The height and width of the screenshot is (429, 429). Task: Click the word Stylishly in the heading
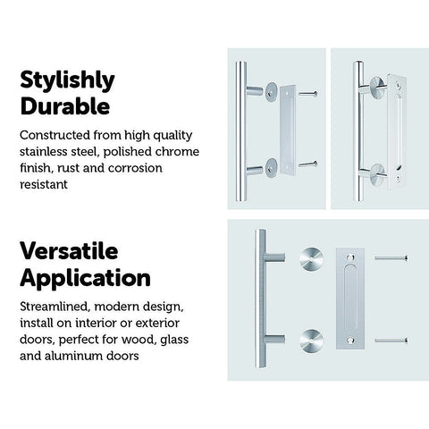pyautogui.click(x=67, y=80)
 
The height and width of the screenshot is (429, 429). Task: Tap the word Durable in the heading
pyautogui.click(x=65, y=106)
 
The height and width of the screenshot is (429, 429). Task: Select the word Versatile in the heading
pyautogui.click(x=69, y=251)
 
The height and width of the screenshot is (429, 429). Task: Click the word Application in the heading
pyautogui.click(x=85, y=278)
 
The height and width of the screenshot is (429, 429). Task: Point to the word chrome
pyautogui.click(x=177, y=151)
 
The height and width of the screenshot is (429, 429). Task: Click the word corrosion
pyautogui.click(x=135, y=168)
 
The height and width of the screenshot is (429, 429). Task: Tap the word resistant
pyautogui.click(x=44, y=184)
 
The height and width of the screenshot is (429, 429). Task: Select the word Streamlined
pyautogui.click(x=55, y=307)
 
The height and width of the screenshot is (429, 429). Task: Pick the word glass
pyautogui.click(x=174, y=340)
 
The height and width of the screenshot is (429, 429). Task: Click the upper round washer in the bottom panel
pyautogui.click(x=311, y=259)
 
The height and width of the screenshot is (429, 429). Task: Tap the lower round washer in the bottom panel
pyautogui.click(x=311, y=341)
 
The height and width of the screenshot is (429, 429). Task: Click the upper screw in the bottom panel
pyautogui.click(x=391, y=257)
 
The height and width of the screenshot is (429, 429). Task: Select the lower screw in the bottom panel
pyautogui.click(x=391, y=340)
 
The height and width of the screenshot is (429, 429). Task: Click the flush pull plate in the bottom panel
pyautogui.click(x=350, y=299)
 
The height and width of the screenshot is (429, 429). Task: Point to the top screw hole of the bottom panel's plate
pyautogui.click(x=350, y=257)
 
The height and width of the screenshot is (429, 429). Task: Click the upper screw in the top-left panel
pyautogui.click(x=307, y=94)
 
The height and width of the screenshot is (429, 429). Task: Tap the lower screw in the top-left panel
pyautogui.click(x=307, y=164)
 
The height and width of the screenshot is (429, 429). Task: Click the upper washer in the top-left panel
pyautogui.click(x=271, y=92)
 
